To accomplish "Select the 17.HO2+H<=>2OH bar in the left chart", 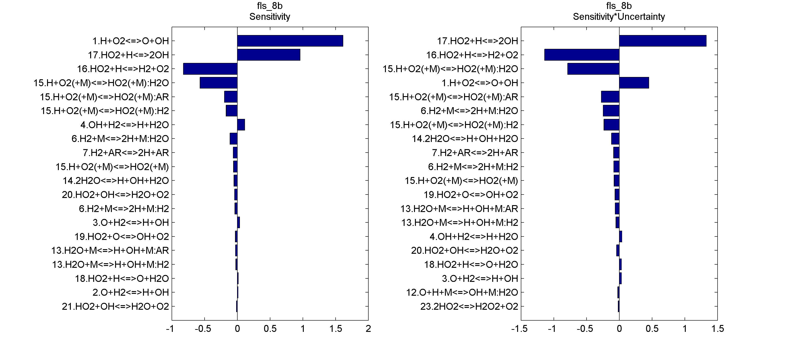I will coord(268,55).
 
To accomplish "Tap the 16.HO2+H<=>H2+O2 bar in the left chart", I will coord(210,69).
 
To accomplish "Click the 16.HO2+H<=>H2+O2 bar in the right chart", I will coord(582,55).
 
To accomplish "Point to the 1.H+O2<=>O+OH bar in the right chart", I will coord(634,83).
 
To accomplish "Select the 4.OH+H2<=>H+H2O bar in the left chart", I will coord(241,125).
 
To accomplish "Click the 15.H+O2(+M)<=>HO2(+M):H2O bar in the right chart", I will coord(593,69).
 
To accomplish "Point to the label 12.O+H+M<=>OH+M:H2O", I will coord(462,292).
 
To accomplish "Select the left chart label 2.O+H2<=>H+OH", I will coord(131,292).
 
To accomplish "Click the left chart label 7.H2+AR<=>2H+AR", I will coord(126,153).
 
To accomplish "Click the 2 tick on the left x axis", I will coord(368,329).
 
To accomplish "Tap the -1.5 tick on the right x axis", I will coord(520,329).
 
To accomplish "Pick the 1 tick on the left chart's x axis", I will coord(303,329).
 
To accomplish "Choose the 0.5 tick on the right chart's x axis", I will coord(652,329).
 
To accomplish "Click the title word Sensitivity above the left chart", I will coord(270,17).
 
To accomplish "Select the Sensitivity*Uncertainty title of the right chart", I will coord(619,17).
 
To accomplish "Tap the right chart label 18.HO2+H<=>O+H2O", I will coord(471,264).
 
